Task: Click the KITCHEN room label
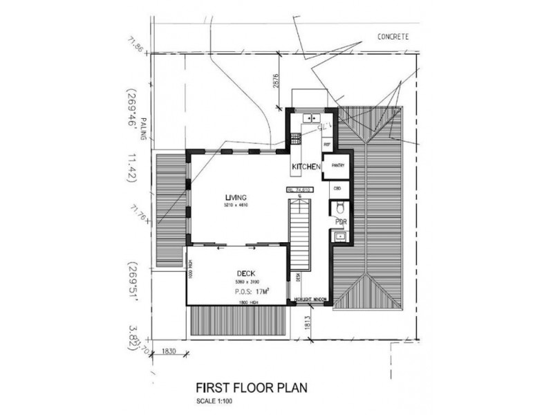pyautogui.click(x=305, y=167)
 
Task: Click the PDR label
pyautogui.click(x=340, y=221)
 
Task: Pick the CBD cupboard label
pyautogui.click(x=338, y=187)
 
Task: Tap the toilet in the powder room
pyautogui.click(x=340, y=208)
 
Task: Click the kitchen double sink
pyautogui.click(x=307, y=119)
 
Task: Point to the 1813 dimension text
pyautogui.click(x=305, y=323)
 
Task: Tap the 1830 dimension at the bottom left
pyautogui.click(x=169, y=351)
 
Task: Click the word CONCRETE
pyautogui.click(x=394, y=36)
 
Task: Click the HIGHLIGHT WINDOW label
pyautogui.click(x=310, y=299)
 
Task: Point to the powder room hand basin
pyautogui.click(x=339, y=237)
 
